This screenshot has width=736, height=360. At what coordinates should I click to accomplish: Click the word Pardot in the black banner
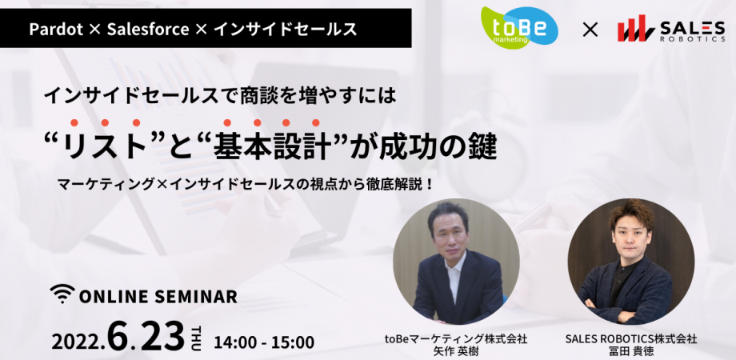(55, 30)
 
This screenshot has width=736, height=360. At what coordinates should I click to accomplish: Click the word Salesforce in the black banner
(151, 30)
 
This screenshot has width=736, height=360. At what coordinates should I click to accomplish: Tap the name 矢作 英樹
(455, 351)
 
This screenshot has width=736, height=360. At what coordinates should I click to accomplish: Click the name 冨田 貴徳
(631, 351)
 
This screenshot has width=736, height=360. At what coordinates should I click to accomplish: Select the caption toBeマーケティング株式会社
(455, 338)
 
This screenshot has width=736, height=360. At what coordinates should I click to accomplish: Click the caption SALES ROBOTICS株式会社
(631, 338)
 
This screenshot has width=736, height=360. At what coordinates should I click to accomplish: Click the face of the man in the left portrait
(449, 231)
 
